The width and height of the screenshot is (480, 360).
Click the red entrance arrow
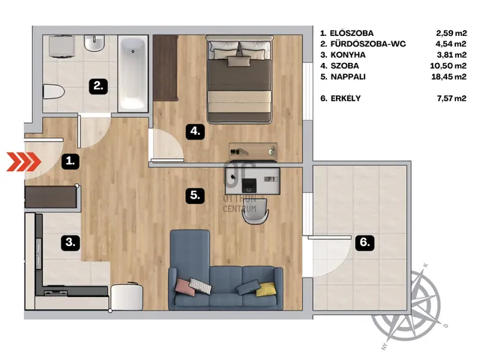coord(24,161)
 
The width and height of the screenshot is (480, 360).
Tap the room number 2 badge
coord(98,86)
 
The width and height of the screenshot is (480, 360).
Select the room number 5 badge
coord(195,195)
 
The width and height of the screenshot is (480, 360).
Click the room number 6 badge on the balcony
coord(365,243)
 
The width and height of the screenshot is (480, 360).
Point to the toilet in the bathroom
coord(53,91)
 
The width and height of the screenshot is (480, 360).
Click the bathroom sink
coord(94,43)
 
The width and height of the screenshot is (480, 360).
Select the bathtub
coord(133,73)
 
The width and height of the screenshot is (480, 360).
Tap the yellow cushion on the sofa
coord(265,289)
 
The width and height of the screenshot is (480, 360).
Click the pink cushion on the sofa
coord(185,287)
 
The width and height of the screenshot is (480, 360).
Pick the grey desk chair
coord(256,211)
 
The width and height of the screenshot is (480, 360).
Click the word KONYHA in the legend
coord(348,55)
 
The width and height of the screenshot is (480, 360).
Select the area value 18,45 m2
coord(448,76)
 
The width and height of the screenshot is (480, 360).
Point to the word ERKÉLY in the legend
coord(346,98)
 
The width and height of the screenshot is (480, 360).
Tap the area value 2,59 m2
coord(451,33)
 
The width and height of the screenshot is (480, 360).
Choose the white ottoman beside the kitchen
coord(127,297)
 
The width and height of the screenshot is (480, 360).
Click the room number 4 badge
coord(195,132)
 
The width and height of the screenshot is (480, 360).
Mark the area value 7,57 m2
coord(451,98)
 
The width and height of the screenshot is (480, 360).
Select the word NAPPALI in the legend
coord(348,76)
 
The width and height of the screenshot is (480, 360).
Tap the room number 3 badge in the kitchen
coord(70,243)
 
